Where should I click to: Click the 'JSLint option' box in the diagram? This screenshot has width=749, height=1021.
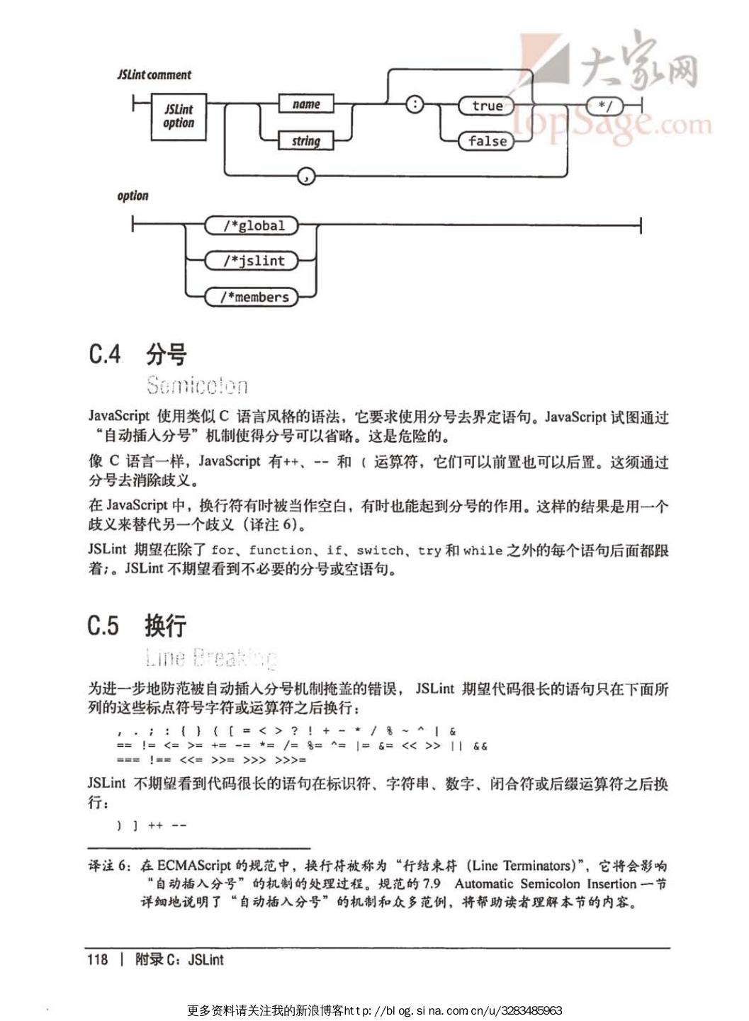click(179, 116)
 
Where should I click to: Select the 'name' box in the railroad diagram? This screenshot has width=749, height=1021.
click(306, 104)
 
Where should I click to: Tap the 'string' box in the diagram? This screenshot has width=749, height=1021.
click(306, 141)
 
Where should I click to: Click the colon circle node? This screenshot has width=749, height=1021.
click(415, 105)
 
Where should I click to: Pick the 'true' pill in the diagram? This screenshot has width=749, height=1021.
click(487, 106)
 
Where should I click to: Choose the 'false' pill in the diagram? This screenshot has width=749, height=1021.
click(487, 141)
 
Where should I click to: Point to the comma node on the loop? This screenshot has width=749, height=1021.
click(306, 176)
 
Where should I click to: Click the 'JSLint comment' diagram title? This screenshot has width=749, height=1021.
click(154, 74)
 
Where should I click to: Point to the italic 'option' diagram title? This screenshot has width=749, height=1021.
click(133, 196)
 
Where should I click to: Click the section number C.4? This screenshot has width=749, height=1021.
click(105, 354)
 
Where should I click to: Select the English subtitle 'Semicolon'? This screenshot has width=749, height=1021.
click(197, 385)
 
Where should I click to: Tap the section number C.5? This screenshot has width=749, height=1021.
click(103, 626)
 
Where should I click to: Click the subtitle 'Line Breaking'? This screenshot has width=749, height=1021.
click(210, 658)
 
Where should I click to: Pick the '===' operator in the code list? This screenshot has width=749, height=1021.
click(128, 760)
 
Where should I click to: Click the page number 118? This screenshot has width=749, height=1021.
click(98, 959)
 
